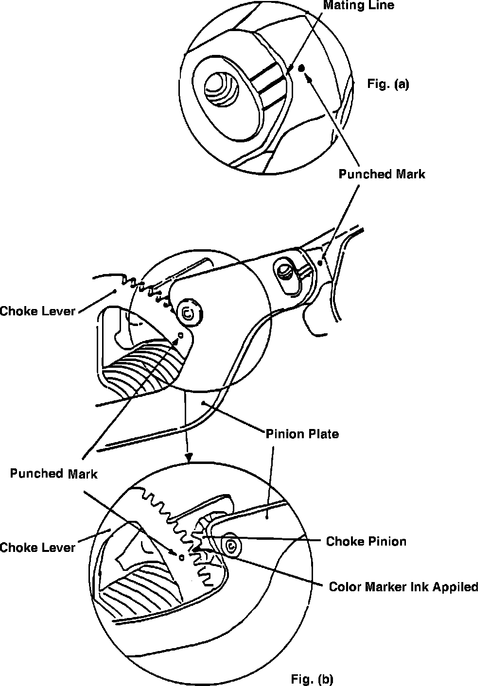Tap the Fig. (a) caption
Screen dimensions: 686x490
click(x=388, y=84)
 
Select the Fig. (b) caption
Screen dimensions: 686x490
click(x=312, y=678)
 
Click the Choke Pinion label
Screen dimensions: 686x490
click(x=366, y=541)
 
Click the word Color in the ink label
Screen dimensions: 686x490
click(x=343, y=587)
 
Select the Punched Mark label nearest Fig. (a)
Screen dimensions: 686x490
click(x=382, y=174)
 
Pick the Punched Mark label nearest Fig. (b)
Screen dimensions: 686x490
click(x=54, y=473)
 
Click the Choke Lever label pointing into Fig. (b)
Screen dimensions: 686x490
click(x=37, y=548)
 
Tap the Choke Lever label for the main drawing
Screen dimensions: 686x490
click(x=37, y=310)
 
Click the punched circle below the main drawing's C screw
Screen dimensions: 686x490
click(x=180, y=335)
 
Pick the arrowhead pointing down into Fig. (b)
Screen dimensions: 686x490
click(x=190, y=457)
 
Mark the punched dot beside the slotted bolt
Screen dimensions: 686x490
click(x=319, y=263)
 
